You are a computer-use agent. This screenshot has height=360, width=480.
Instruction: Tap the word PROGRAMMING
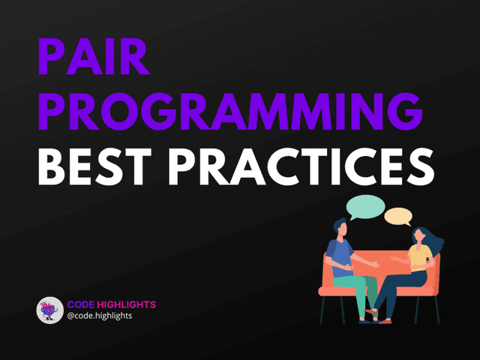(229, 115)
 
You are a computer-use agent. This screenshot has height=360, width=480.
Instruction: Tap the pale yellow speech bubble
(398, 217)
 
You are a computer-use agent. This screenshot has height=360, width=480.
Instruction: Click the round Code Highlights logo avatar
(49, 310)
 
